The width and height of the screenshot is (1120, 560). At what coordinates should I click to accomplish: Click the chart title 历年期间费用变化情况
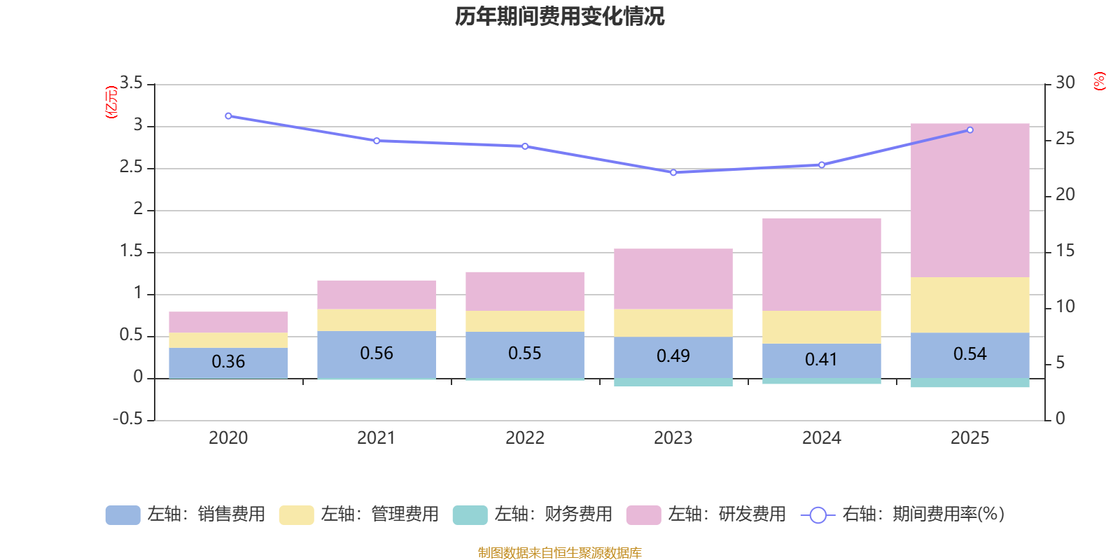tap(559, 16)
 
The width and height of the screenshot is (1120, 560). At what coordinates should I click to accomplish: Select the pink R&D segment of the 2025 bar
tap(969, 200)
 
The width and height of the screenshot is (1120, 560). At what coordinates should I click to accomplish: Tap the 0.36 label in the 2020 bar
tap(228, 362)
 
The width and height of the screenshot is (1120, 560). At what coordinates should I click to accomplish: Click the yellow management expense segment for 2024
tap(821, 327)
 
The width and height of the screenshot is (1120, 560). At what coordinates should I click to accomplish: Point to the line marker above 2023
tap(673, 172)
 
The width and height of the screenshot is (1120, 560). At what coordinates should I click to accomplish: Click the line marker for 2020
tap(228, 116)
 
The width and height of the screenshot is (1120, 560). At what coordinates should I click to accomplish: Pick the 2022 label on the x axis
tap(524, 438)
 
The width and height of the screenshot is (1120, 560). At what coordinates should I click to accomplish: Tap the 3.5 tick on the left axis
tap(131, 83)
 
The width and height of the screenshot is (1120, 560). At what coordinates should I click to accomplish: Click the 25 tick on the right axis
tap(1065, 139)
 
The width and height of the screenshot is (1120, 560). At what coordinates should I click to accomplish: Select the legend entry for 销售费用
tap(186, 514)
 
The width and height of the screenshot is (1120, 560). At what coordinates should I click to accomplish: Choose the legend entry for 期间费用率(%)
tap(903, 514)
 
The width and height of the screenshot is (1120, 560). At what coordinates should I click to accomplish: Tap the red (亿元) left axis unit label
tap(111, 102)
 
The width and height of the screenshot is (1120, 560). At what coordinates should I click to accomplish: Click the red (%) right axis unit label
tap(1099, 81)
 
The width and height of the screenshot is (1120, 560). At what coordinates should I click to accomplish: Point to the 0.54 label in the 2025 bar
tap(969, 354)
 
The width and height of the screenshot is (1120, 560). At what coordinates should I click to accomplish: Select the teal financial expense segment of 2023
tap(673, 382)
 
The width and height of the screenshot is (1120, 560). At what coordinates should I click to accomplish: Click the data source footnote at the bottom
tap(559, 553)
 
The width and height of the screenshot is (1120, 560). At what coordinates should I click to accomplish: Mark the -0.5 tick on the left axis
tap(128, 419)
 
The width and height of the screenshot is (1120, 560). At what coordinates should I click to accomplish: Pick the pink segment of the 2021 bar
tap(377, 295)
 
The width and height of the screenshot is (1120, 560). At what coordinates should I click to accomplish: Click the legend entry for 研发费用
tap(707, 514)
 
